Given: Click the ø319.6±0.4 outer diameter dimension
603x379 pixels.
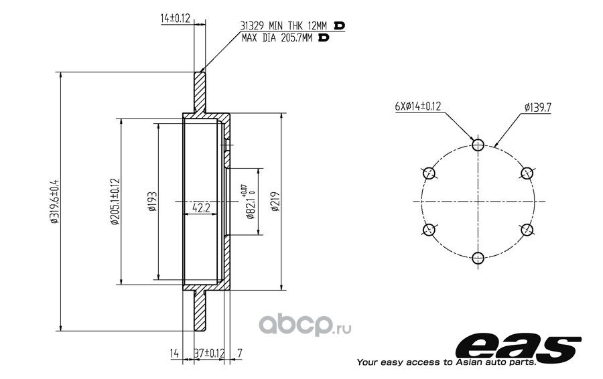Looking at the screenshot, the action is [54, 202].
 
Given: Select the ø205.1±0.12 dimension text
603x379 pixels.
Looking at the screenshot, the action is [115, 202].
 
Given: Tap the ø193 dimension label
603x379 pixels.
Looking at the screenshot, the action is [152, 202].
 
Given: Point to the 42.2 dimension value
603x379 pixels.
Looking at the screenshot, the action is [201, 208].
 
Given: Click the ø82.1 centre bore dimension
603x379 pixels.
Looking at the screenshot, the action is [250, 202].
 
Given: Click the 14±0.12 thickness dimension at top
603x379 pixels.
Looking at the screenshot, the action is [176, 18].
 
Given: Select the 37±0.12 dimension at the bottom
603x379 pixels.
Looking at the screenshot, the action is [209, 353].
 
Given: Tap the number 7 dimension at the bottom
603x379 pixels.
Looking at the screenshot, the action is [240, 353].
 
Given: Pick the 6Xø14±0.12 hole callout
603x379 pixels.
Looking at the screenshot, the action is [418, 106].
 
